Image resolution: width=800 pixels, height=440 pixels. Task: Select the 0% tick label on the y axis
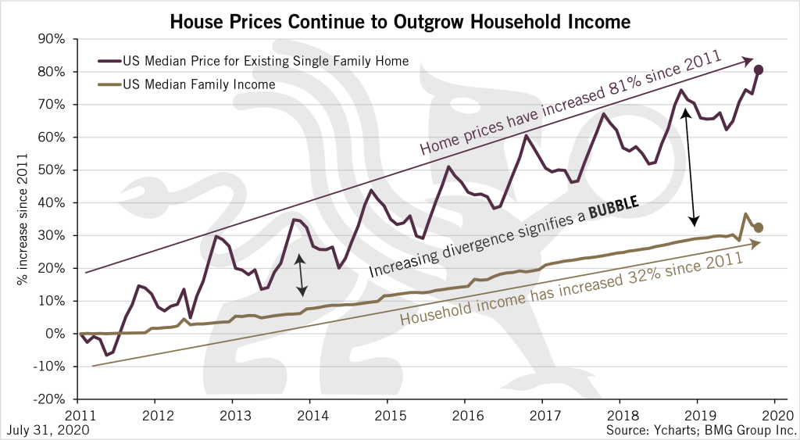(63, 334)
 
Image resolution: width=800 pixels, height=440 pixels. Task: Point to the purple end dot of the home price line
(759, 70)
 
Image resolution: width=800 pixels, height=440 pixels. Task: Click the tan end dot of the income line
(759, 227)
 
